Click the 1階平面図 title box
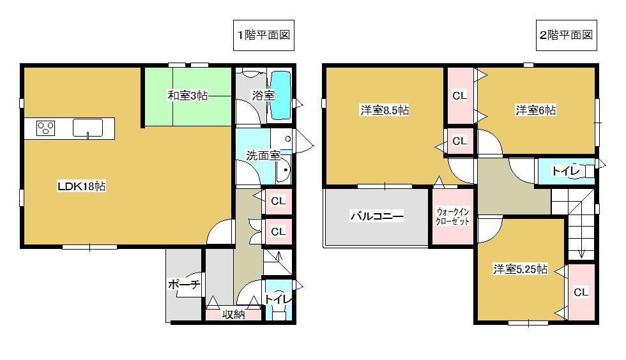pyautogui.click(x=263, y=36)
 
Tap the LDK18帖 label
pyautogui.click(x=82, y=186)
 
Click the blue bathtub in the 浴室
pyautogui.click(x=280, y=94)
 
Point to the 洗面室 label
pyautogui.click(x=263, y=155)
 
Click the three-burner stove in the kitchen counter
pyautogui.click(x=45, y=128)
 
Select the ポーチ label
pyautogui.click(x=185, y=285)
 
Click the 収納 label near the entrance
pyautogui.click(x=233, y=314)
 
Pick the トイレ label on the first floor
pyautogui.click(x=278, y=298)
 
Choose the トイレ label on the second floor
pyautogui.click(x=565, y=170)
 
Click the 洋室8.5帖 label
pyautogui.click(x=384, y=110)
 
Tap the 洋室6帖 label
pyautogui.click(x=535, y=110)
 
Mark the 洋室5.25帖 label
pyautogui.click(x=520, y=269)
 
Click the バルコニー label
pyautogui.click(x=376, y=216)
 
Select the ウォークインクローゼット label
pyautogui.click(x=452, y=216)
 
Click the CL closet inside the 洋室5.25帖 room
pyautogui.click(x=580, y=292)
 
